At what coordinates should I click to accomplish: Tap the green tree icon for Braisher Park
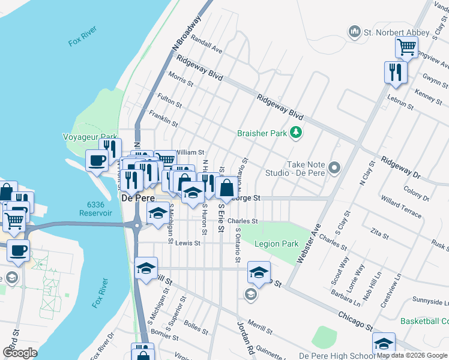click(x=295, y=133)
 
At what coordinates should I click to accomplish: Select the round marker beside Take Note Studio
click(x=334, y=167)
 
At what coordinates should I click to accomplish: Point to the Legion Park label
click(x=276, y=244)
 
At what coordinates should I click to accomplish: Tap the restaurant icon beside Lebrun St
click(x=396, y=72)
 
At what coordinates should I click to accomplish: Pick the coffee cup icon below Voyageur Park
click(x=97, y=160)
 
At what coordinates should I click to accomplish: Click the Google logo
click(x=20, y=353)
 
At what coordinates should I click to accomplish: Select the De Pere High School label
click(x=337, y=355)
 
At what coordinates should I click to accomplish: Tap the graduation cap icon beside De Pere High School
click(x=384, y=344)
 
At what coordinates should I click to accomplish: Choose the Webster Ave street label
click(x=312, y=240)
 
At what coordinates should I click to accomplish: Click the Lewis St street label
click(x=188, y=244)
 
